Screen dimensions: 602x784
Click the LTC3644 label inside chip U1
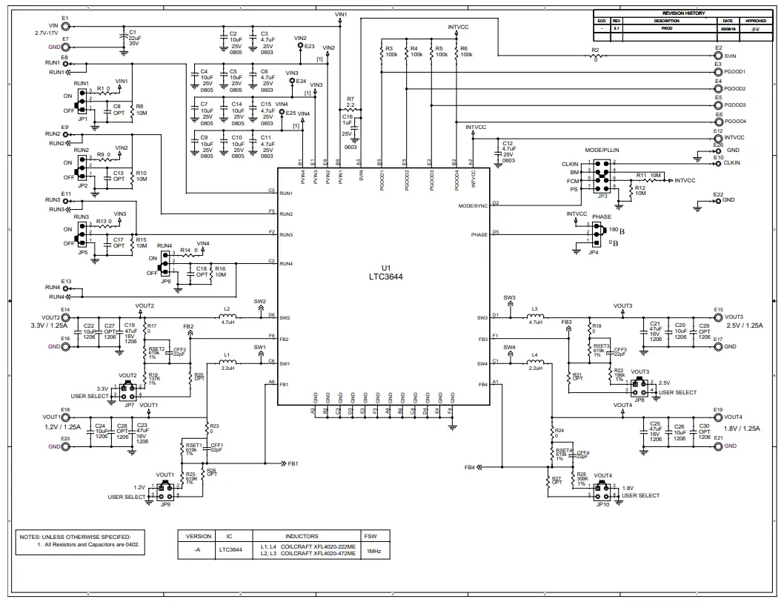(x=385, y=278)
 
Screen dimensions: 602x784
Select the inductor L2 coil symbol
(x=227, y=315)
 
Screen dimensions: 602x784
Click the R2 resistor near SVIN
(x=595, y=56)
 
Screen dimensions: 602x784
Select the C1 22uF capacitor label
(x=133, y=38)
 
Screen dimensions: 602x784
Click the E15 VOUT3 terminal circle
(x=717, y=317)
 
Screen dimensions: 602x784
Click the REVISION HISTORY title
(x=683, y=13)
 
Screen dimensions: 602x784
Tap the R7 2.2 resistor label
(x=351, y=102)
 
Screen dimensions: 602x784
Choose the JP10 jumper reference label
(x=602, y=504)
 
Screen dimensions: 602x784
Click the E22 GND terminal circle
(x=717, y=201)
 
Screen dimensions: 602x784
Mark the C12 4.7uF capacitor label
(x=508, y=149)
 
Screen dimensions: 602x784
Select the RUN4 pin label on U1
(x=286, y=264)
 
